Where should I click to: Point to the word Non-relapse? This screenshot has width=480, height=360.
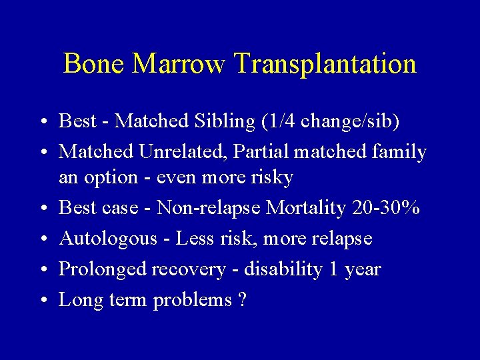[x=209, y=208]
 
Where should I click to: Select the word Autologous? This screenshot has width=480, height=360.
[x=107, y=239]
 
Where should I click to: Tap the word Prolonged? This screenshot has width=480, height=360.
[x=103, y=270]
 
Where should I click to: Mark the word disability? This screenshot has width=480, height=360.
[x=283, y=269]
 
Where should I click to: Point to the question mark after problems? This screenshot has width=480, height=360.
[x=241, y=300]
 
